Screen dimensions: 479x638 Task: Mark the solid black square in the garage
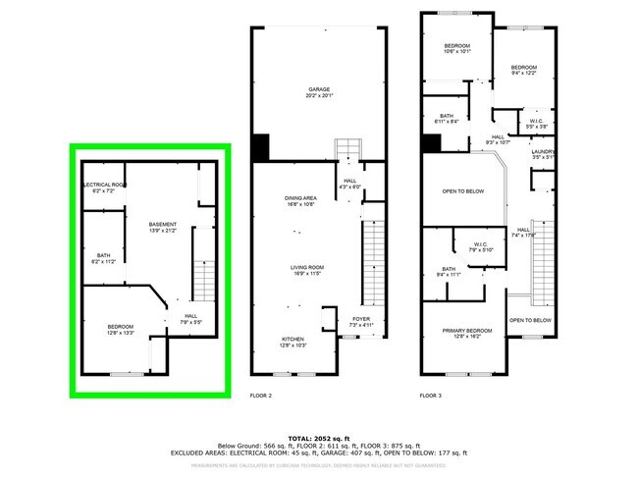261,147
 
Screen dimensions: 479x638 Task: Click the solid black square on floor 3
430,143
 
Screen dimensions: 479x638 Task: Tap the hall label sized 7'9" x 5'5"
190,318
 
